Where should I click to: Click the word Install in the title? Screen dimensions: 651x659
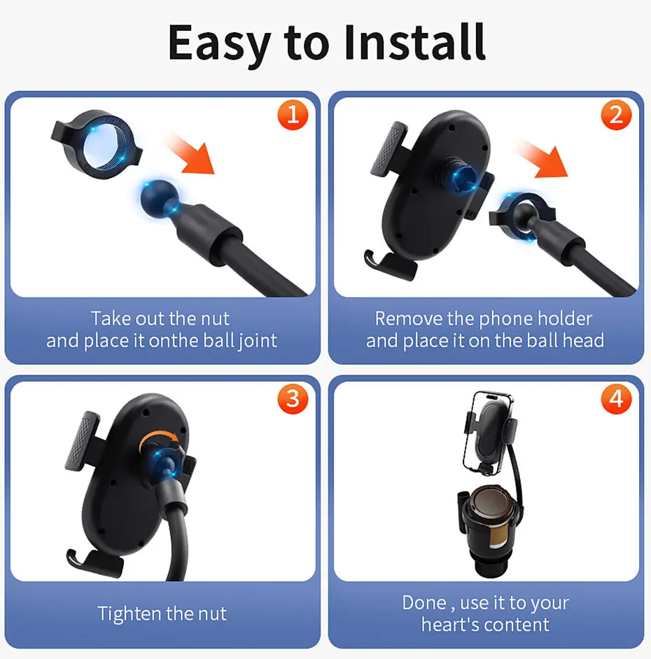(x=415, y=42)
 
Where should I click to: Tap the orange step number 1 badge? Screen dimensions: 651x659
(x=293, y=115)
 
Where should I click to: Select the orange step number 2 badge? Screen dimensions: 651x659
(x=616, y=115)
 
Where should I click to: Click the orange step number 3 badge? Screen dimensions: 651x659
(x=293, y=399)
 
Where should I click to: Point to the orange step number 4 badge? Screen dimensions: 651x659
(x=616, y=399)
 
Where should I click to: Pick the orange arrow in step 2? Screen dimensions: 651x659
(x=544, y=159)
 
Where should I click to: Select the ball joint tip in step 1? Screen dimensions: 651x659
(x=158, y=199)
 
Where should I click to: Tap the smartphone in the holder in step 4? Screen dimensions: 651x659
(x=488, y=433)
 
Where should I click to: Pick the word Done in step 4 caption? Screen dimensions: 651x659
(x=424, y=603)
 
